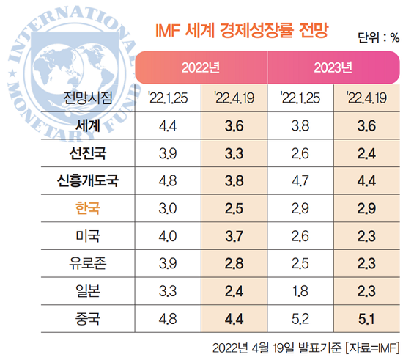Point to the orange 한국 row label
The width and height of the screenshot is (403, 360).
pyautogui.click(x=88, y=209)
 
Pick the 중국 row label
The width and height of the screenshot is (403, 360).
pyautogui.click(x=88, y=319)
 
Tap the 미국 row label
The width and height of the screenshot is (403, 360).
pyautogui.click(x=88, y=236)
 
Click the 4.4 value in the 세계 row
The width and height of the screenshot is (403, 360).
pyautogui.click(x=167, y=125)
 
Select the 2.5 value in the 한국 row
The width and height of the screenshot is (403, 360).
pyautogui.click(x=234, y=209)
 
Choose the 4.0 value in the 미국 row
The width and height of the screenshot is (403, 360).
pyautogui.click(x=167, y=236)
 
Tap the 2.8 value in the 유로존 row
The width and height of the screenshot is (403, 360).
pyautogui.click(x=234, y=264)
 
